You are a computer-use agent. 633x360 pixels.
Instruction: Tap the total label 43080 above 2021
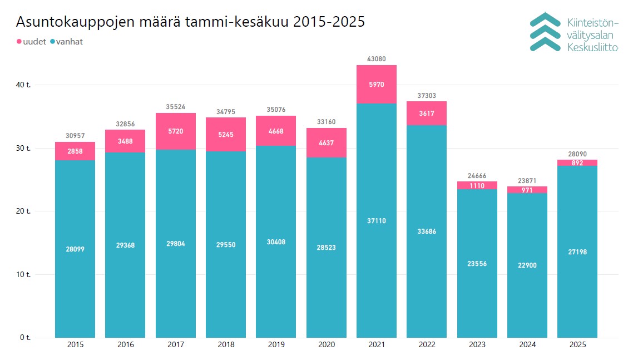[x=377, y=59]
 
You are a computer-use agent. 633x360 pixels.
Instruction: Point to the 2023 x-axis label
[x=477, y=345]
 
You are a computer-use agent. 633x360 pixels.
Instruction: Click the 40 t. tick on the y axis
[x=24, y=85]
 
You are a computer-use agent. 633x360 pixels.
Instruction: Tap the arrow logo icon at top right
[x=545, y=32]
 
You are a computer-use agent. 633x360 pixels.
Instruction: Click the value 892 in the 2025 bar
[x=577, y=163]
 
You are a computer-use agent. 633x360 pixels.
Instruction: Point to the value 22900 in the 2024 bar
[x=527, y=265]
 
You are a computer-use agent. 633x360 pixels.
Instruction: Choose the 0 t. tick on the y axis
[x=26, y=338]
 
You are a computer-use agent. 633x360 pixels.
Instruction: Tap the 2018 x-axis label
[x=226, y=345]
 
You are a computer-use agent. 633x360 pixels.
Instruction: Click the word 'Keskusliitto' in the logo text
[x=592, y=48]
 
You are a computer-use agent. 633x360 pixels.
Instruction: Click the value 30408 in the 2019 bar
[x=276, y=242]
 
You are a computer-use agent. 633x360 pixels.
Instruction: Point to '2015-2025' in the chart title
[x=329, y=22]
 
